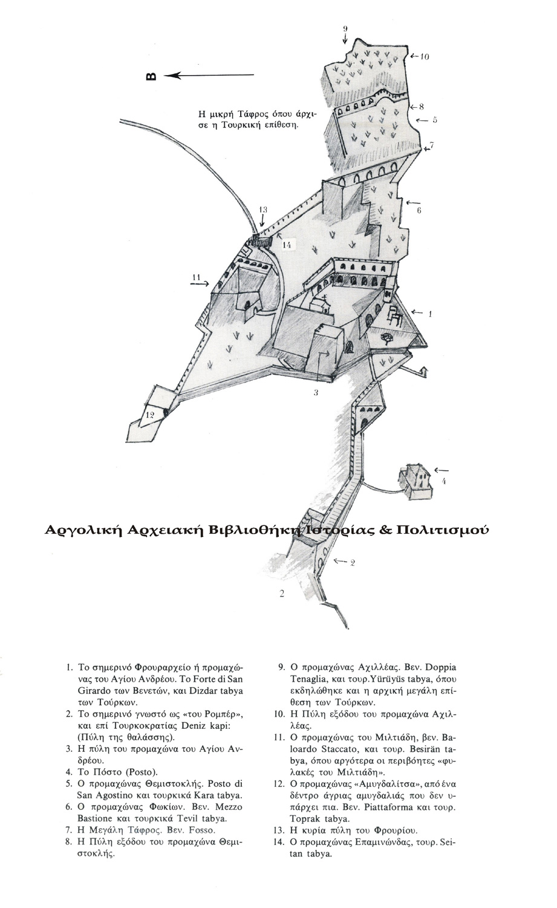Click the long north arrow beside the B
tap(209, 75)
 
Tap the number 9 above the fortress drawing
tap(345, 28)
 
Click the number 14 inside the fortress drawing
tap(287, 245)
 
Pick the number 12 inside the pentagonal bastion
tap(150, 415)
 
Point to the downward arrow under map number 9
tap(345, 39)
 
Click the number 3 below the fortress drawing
tap(316, 393)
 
